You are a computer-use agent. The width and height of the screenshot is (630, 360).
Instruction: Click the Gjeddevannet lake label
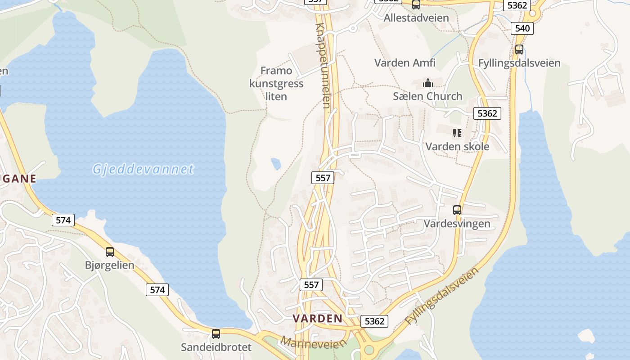[143, 170]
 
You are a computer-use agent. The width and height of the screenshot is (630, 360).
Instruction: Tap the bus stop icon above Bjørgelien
[110, 252]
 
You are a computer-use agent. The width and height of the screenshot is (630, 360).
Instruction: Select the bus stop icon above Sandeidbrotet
[216, 334]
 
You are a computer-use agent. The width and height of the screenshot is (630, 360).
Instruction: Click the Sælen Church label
[427, 96]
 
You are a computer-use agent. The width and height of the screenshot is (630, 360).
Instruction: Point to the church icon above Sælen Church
[427, 83]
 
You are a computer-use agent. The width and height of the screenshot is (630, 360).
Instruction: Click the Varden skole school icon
[457, 133]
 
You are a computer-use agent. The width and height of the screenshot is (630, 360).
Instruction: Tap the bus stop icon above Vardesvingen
[457, 210]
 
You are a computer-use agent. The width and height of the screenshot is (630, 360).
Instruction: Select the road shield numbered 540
[522, 28]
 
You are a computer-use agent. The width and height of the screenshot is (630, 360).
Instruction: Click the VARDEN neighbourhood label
[318, 319]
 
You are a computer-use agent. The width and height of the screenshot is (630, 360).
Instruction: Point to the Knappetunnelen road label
[324, 65]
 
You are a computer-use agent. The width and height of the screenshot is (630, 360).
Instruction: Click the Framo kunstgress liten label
[276, 83]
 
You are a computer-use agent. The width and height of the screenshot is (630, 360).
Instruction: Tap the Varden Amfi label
[405, 63]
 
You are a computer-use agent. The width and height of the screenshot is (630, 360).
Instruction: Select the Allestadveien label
[416, 18]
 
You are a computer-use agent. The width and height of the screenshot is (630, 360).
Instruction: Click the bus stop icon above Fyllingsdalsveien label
[519, 49]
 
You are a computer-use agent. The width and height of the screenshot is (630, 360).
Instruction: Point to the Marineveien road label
[314, 343]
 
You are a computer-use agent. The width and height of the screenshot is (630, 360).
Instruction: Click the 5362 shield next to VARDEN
[374, 321]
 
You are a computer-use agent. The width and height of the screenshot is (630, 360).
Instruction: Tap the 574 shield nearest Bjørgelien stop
[63, 220]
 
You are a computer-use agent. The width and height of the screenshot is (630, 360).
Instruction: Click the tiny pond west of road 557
[276, 164]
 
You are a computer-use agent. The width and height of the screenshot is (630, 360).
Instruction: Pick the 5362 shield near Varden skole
[487, 113]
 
